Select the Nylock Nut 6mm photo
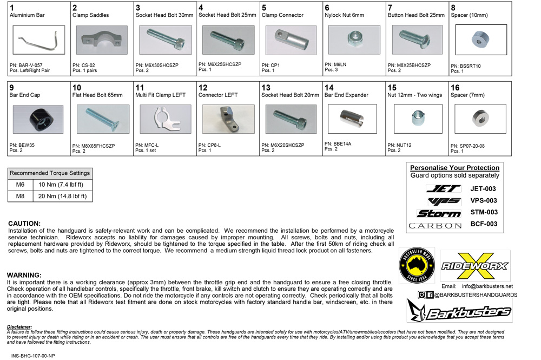click(x=354, y=40)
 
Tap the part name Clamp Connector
click(x=282, y=15)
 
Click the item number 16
click(x=455, y=88)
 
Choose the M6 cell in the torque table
click(x=20, y=185)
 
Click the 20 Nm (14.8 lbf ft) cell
click(x=62, y=196)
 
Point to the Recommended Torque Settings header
click(x=50, y=173)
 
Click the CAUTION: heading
click(x=24, y=224)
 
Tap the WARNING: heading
click(x=24, y=275)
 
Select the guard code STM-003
click(x=484, y=212)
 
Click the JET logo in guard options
click(x=443, y=189)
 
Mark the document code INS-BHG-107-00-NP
click(x=33, y=356)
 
